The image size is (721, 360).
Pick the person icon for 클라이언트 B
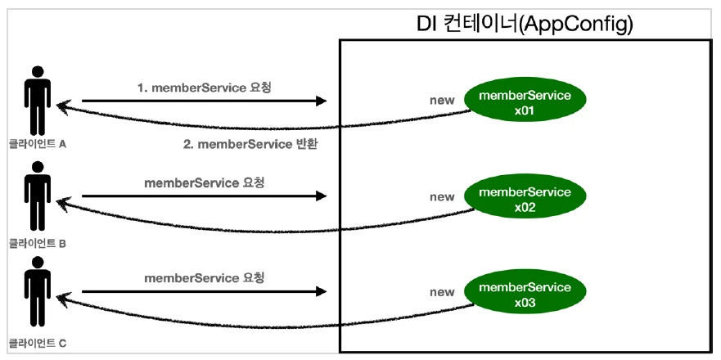(x=37, y=196)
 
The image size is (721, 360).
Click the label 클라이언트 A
(x=37, y=145)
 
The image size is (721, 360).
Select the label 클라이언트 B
(x=37, y=242)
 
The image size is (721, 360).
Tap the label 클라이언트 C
(x=37, y=337)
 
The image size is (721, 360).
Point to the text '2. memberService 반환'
(x=250, y=145)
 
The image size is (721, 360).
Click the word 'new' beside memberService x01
(x=442, y=101)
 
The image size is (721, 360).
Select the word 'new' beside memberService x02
(x=442, y=197)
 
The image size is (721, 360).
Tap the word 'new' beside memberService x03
(x=442, y=292)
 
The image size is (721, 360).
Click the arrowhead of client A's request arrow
(x=321, y=101)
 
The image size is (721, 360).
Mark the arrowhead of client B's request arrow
(x=321, y=196)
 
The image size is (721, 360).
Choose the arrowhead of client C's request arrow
(x=321, y=292)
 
